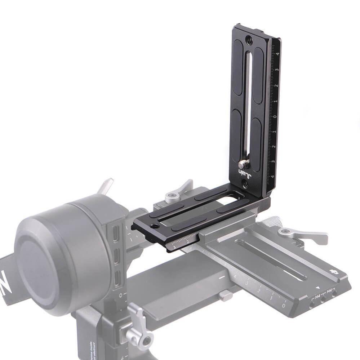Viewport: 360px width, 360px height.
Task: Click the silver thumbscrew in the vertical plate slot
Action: pyautogui.click(x=244, y=164)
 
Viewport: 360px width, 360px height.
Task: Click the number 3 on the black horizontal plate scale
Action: pyautogui.click(x=174, y=248)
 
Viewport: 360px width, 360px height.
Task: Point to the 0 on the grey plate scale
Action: pyautogui.click(x=284, y=306)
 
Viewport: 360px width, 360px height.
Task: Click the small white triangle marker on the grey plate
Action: pyautogui.click(x=317, y=288)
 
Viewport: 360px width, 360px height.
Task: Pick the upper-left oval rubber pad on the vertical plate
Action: pyautogui.click(x=240, y=72)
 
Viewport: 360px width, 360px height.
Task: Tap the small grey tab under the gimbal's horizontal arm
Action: pyautogui.click(x=226, y=295)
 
